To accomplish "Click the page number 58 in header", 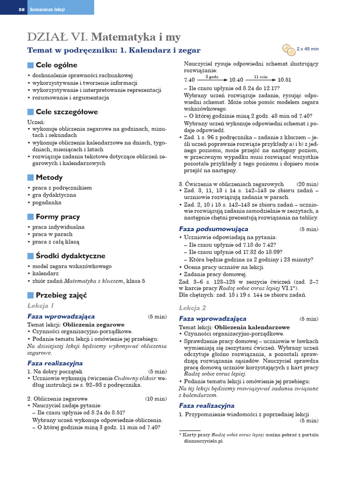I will [x=21, y=9].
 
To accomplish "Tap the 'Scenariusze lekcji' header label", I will [x=48, y=9].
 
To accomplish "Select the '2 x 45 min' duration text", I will [x=308, y=48].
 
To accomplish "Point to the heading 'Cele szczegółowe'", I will [x=67, y=112].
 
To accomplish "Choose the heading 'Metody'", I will [x=49, y=177].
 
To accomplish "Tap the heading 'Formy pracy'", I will [x=58, y=217].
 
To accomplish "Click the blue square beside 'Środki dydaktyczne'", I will [x=30, y=256].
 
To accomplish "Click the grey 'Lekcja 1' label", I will [x=41, y=306].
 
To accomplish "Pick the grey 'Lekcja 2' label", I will [x=193, y=307].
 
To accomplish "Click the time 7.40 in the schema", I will [x=189, y=80].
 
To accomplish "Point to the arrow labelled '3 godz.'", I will [x=214, y=79].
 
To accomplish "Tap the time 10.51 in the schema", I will [x=284, y=80].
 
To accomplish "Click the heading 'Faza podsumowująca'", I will [x=213, y=229].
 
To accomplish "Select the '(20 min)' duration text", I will [x=307, y=184].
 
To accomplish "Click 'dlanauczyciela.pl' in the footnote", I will [x=204, y=441].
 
